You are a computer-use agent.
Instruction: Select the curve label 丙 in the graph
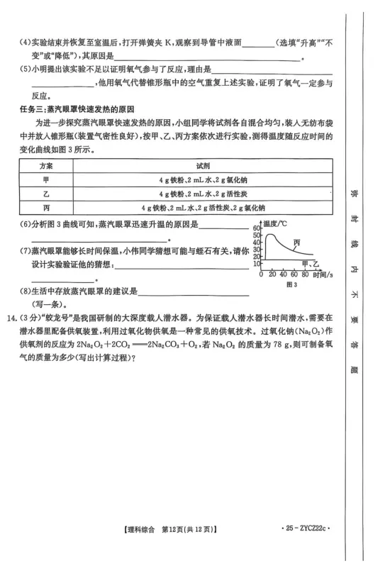tap(297, 242)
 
